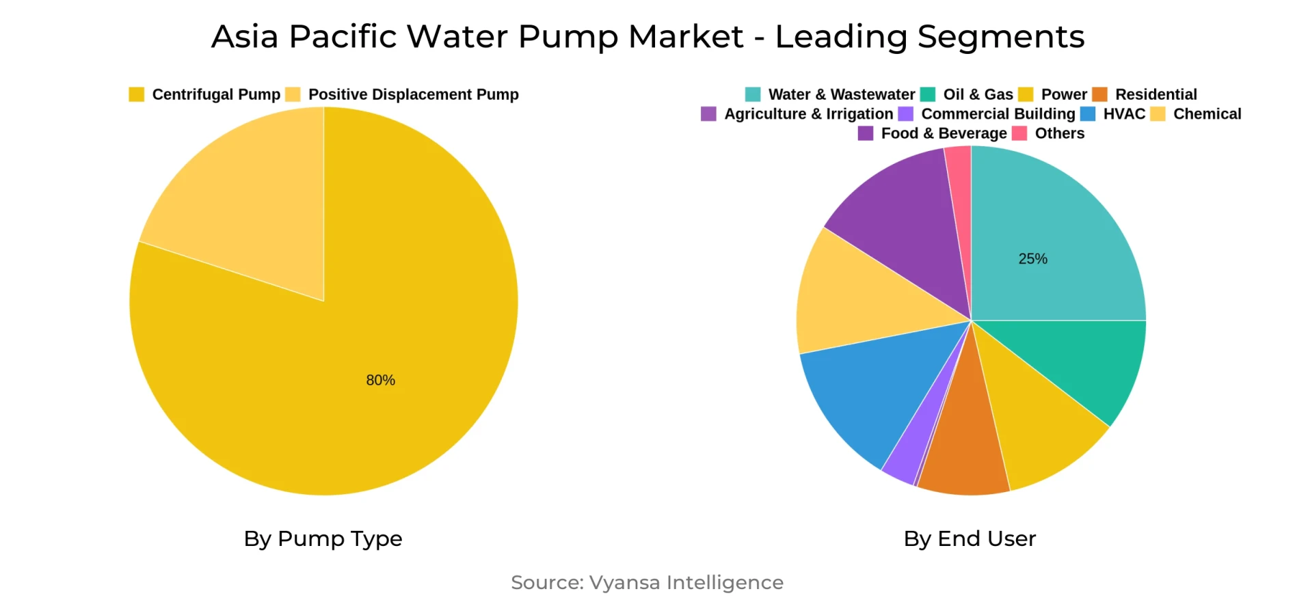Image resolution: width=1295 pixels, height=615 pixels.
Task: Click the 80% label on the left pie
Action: tap(380, 380)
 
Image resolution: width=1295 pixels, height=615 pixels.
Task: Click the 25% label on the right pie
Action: tap(1032, 259)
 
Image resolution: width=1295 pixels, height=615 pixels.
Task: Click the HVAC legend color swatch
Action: tap(1088, 114)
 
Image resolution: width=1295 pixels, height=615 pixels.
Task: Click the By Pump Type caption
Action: tap(323, 538)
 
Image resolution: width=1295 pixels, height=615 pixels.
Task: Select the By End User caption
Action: tap(970, 538)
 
